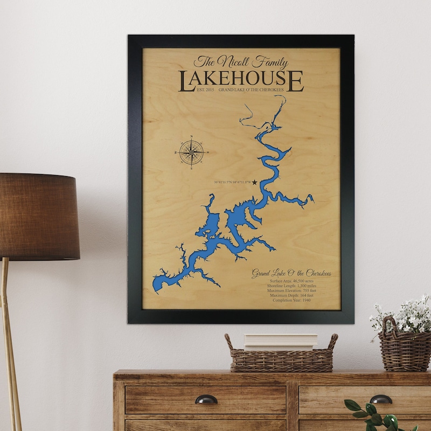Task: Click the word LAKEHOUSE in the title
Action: [241, 80]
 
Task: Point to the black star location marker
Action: [254, 183]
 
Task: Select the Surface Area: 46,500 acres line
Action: [291, 281]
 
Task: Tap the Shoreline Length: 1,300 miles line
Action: [291, 286]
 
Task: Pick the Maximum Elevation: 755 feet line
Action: [291, 291]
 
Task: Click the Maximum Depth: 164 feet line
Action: [291, 296]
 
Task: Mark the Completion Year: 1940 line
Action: [291, 301]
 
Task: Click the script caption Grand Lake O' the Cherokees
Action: [291, 274]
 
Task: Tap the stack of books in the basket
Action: [281, 342]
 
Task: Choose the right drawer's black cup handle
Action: [381, 399]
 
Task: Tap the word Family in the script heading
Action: [269, 62]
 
